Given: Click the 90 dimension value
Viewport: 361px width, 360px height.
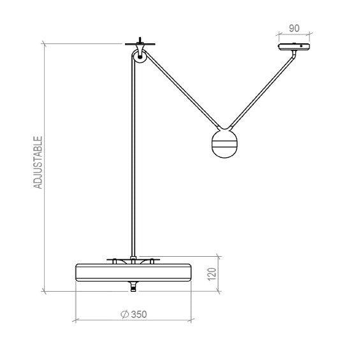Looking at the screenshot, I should tap(295, 29).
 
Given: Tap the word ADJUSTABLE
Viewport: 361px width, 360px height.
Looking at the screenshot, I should tap(38, 162).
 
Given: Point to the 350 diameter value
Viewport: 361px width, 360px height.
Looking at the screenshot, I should tap(139, 314).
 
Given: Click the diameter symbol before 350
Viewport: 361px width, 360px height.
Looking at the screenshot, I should tap(124, 314).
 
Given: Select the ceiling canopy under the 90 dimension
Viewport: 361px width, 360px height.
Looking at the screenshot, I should tap(294, 47).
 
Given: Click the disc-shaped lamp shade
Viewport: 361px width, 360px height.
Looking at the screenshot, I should tap(133, 272).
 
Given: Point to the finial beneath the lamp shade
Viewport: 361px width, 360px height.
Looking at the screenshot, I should tap(133, 286).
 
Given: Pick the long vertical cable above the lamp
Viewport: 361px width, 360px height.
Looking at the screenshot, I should tap(133, 159).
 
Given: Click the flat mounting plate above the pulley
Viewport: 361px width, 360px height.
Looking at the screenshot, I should tap(138, 43).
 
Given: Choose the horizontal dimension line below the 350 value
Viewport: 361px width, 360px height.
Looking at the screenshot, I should tap(133, 319).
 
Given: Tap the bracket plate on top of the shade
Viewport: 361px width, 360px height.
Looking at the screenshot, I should tap(133, 260).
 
